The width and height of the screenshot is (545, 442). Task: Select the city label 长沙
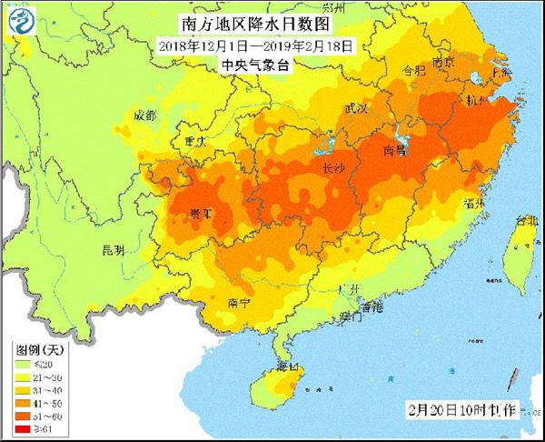click(x=333, y=167)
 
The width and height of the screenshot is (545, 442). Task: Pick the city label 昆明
click(x=114, y=248)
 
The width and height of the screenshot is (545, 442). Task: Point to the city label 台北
click(x=526, y=220)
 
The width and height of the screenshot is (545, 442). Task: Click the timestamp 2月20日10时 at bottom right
click(x=441, y=410)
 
